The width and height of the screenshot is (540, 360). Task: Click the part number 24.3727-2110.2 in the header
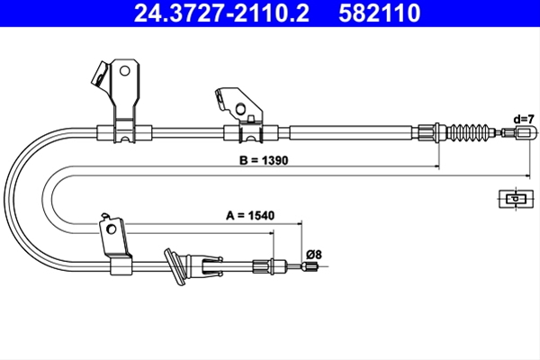click(x=221, y=13)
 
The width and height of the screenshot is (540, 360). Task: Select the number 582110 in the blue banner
click(x=380, y=13)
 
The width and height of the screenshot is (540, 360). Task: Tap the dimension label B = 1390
click(x=264, y=160)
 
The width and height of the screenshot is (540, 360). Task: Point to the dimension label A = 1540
click(x=250, y=216)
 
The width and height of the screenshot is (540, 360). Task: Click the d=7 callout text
click(x=524, y=119)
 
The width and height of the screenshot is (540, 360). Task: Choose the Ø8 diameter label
click(x=314, y=255)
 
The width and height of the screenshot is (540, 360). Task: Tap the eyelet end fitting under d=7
click(x=526, y=132)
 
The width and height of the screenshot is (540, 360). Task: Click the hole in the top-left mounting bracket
click(x=124, y=71)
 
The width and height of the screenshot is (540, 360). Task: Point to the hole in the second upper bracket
click(x=240, y=109)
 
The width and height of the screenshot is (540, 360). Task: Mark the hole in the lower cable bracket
click(x=112, y=229)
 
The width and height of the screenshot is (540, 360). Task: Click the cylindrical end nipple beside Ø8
click(x=310, y=266)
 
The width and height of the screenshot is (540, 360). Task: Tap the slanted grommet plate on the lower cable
click(x=175, y=266)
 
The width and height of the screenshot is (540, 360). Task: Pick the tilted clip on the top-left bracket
click(x=100, y=75)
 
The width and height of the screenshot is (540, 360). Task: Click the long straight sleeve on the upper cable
click(x=351, y=132)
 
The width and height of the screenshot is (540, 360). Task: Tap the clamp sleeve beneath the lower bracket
click(x=121, y=266)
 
